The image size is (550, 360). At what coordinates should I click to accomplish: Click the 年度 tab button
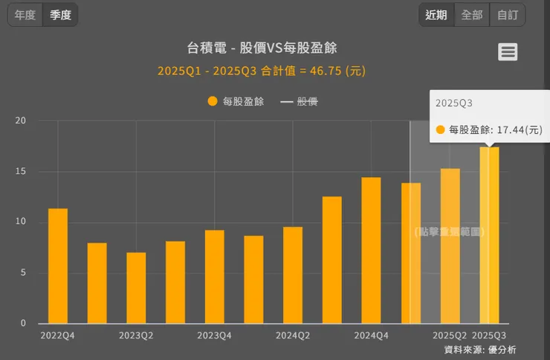tap(25, 15)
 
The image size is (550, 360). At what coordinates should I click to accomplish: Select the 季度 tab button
tap(60, 15)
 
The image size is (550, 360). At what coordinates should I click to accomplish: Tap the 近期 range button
tap(436, 15)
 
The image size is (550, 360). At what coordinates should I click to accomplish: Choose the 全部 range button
tap(472, 15)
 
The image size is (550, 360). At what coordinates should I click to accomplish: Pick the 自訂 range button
tap(508, 15)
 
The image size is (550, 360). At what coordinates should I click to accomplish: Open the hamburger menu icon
tap(508, 52)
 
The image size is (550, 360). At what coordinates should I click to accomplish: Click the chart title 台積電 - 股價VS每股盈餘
tap(262, 48)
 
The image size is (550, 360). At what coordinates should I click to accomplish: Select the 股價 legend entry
tap(299, 101)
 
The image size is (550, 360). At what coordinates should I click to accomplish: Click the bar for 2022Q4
tap(58, 266)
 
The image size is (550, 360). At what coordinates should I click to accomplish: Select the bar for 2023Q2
tap(136, 288)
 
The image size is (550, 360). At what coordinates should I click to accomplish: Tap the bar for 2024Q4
tap(371, 250)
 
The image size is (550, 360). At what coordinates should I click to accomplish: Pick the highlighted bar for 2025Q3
tap(489, 235)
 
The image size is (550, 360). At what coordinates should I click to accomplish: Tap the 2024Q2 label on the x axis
tap(293, 335)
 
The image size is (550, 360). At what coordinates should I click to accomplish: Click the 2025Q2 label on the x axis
tap(450, 335)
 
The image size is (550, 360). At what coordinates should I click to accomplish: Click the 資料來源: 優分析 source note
tap(479, 349)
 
